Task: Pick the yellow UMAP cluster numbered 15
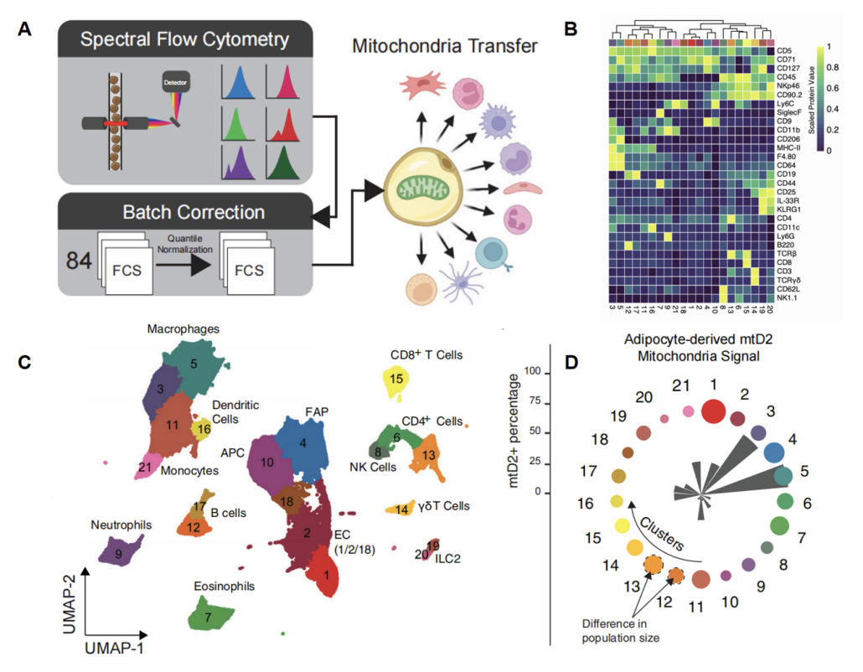[x=396, y=380]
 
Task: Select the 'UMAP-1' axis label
[x=121, y=647]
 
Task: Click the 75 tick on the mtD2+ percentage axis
[x=530, y=403]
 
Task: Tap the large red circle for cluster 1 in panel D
[x=713, y=411]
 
